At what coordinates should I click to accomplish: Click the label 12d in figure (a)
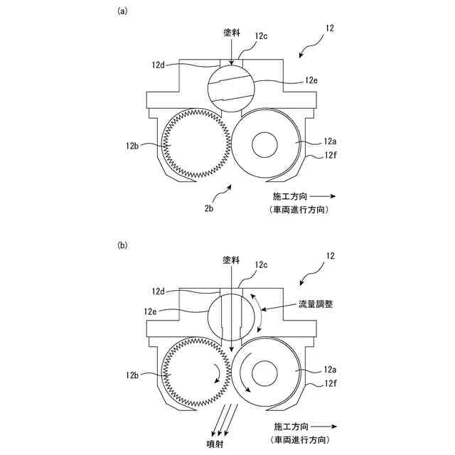[x=159, y=64]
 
